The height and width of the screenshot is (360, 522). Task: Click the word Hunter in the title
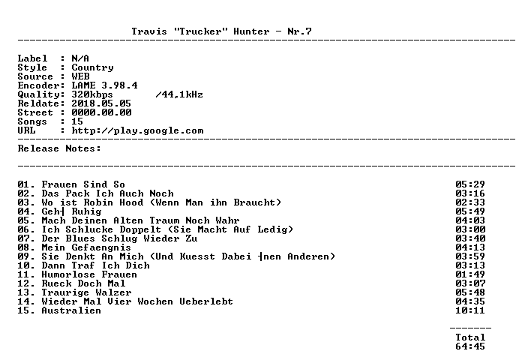click(251, 31)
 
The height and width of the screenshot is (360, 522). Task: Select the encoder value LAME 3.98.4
click(104, 85)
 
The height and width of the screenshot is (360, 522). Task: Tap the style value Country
click(92, 68)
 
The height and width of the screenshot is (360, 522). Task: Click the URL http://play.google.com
click(137, 131)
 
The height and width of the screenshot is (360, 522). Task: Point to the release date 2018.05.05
click(101, 103)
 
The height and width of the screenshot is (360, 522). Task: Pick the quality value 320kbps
click(92, 95)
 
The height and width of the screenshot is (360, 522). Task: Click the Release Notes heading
click(59, 148)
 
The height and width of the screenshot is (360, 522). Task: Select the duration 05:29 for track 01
click(470, 184)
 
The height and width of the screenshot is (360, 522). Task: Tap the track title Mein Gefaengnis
click(86, 247)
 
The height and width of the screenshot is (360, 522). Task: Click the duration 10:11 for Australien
click(470, 310)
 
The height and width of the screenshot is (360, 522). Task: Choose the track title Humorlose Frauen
click(89, 274)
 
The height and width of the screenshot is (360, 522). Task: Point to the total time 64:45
click(470, 346)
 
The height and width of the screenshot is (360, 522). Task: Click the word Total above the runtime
click(470, 337)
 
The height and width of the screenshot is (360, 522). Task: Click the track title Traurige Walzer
click(86, 292)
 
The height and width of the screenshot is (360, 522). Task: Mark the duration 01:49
click(470, 274)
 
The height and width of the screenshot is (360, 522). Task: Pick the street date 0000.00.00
click(101, 112)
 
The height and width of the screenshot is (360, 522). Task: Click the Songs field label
click(32, 122)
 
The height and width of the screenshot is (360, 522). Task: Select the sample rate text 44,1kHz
click(182, 95)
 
